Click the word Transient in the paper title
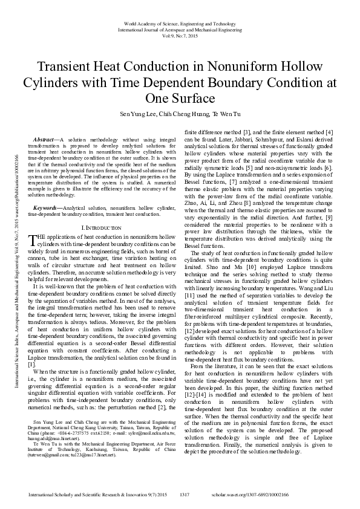pyautogui.click(x=63, y=66)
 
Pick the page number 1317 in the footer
pyautogui.click(x=185, y=494)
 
